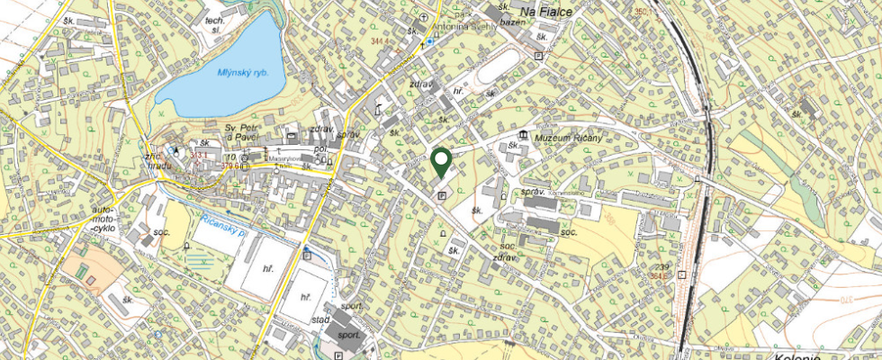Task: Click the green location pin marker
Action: point(441,162)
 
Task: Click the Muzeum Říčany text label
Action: point(568,136)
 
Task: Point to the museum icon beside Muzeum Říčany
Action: point(523,135)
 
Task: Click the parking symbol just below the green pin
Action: point(441,195)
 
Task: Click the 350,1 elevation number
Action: point(641,12)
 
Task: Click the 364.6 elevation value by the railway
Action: point(660,277)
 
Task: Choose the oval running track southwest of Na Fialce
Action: point(496,68)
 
